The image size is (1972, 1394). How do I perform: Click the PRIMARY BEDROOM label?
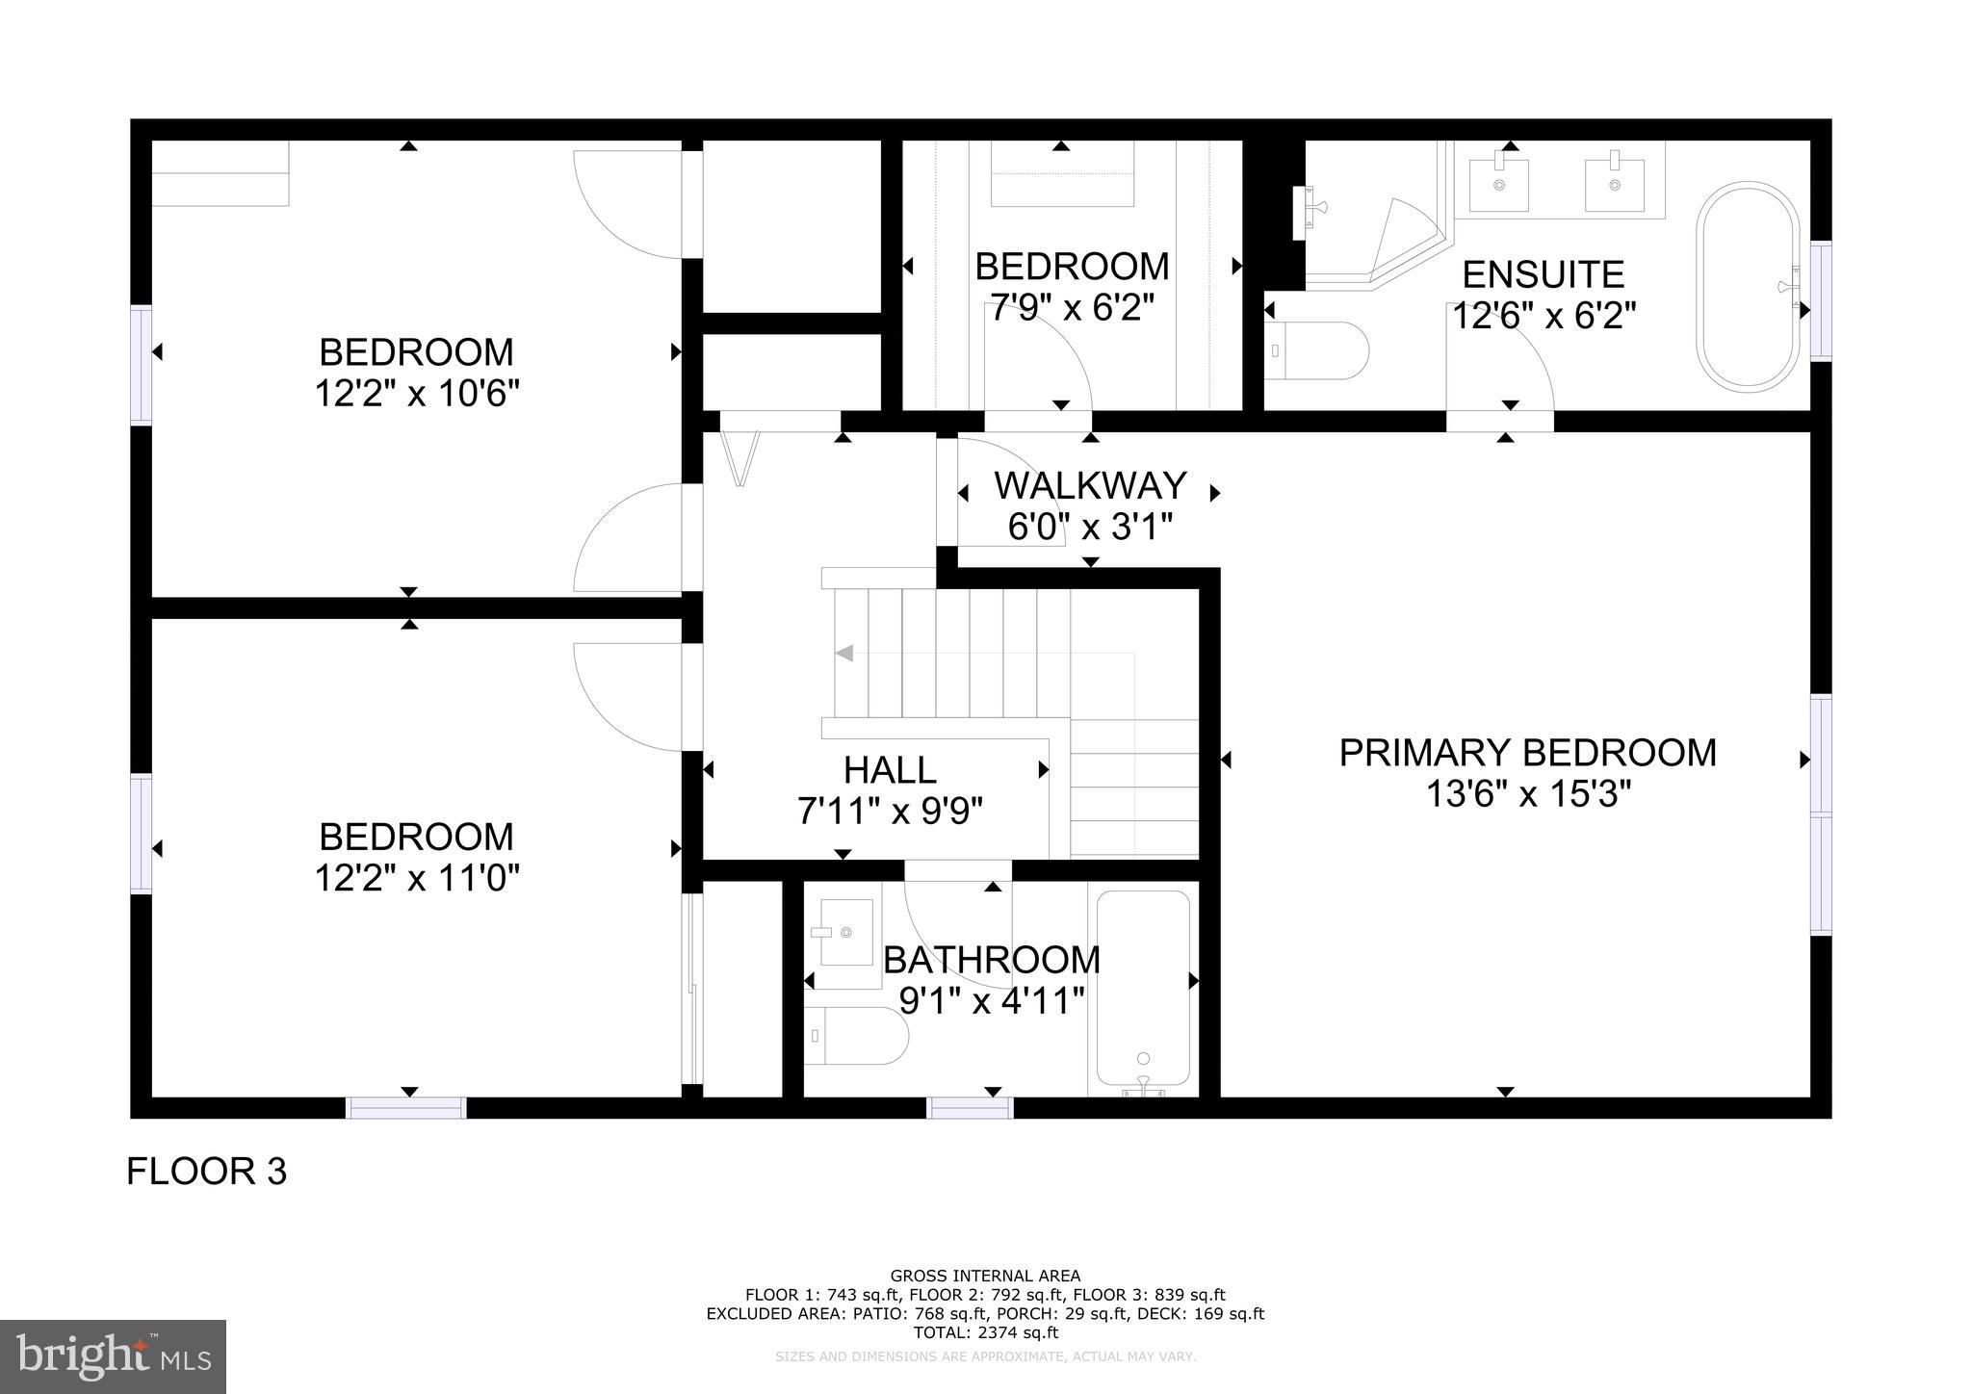(x=1527, y=753)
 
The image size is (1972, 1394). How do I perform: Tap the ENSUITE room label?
(x=1543, y=275)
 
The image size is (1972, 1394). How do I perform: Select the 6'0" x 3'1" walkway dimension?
(x=1090, y=528)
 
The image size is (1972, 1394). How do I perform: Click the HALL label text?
(x=889, y=770)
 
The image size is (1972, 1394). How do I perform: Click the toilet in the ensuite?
(x=1317, y=350)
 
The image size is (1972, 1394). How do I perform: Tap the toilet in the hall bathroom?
(x=856, y=1036)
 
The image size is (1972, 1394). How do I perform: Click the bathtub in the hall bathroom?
(x=1143, y=990)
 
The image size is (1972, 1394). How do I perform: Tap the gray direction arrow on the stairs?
(x=844, y=654)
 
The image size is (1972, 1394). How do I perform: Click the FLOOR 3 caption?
(x=206, y=1172)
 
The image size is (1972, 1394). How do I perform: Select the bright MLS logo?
(x=113, y=1356)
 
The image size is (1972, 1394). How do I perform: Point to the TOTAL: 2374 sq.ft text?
(x=985, y=1332)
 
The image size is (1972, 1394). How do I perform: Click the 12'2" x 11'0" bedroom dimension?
(x=417, y=878)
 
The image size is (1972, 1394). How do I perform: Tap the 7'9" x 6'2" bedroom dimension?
(x=1072, y=308)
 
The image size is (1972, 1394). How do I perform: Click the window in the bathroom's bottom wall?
(x=970, y=1107)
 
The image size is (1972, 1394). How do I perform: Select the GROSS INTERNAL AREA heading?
(x=985, y=1277)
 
